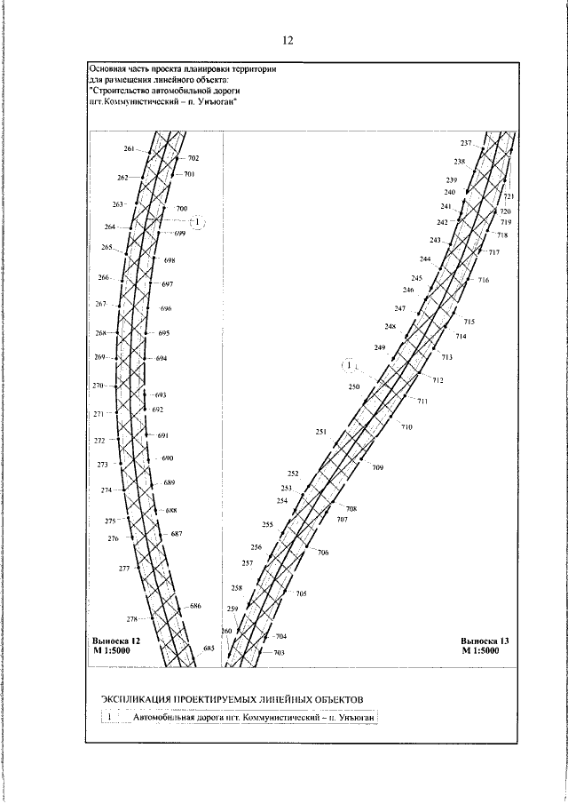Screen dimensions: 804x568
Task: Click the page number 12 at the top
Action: (x=288, y=40)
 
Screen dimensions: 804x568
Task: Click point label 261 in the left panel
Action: (x=130, y=148)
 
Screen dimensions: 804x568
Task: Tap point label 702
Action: (x=193, y=158)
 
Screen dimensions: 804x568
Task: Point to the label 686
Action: (x=195, y=606)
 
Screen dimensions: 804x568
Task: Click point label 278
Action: (x=132, y=619)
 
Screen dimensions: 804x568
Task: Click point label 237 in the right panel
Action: (x=466, y=143)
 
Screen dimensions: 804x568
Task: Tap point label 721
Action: (x=509, y=196)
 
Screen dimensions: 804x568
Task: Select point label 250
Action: (x=354, y=387)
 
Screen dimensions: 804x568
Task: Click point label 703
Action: (x=279, y=653)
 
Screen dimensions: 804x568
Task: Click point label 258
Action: (x=236, y=588)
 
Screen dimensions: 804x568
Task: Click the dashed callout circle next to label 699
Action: (x=198, y=221)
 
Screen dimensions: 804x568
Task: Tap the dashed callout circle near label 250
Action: (x=351, y=364)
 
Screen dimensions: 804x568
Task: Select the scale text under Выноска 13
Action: (x=480, y=650)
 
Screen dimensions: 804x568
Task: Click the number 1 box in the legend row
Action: (x=108, y=717)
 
